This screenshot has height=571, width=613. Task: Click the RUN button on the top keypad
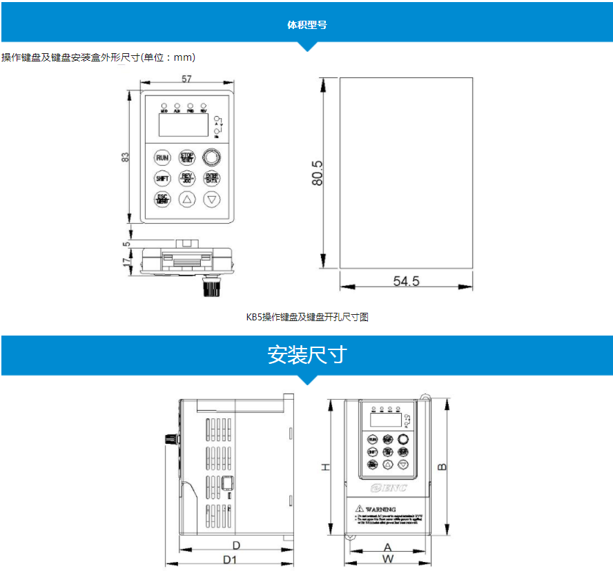162,157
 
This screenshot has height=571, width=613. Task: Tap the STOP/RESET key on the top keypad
187,157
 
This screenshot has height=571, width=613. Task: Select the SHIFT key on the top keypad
162,178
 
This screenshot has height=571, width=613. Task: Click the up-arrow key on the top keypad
187,200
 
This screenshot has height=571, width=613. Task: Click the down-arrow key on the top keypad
212,200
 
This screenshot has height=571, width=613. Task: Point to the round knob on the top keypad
211,157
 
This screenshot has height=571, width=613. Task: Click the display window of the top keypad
184,125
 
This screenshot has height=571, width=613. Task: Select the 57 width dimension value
186,79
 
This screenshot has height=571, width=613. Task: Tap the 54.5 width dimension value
407,281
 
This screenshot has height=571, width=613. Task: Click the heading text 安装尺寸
306,355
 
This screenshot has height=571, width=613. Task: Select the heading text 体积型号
306,25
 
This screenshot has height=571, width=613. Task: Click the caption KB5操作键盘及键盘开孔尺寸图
307,317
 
